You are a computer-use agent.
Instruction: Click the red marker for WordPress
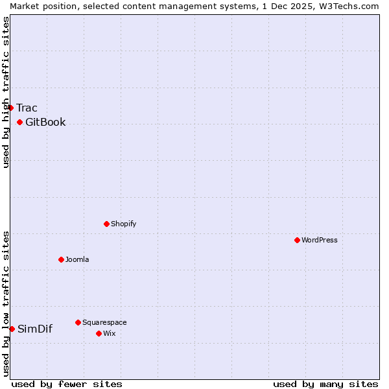297,240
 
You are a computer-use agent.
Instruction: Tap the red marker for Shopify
106,224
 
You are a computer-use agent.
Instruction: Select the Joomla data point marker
61,259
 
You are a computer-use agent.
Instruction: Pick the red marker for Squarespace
78,322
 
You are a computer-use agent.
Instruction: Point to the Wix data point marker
99,333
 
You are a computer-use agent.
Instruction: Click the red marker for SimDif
12,329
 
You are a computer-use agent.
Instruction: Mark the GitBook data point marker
19,122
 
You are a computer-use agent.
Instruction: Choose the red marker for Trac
11,108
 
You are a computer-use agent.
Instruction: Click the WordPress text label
320,240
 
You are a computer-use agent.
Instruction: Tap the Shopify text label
124,224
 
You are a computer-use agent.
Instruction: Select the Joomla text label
77,259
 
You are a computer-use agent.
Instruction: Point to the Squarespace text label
104,322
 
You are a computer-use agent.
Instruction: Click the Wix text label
109,333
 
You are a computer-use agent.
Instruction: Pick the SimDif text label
35,329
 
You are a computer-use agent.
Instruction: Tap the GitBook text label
45,122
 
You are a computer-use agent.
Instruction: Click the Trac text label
27,108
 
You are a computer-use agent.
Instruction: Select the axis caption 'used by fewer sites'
67,384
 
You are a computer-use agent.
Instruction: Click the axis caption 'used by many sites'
325,384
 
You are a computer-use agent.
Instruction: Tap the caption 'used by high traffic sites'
6,92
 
